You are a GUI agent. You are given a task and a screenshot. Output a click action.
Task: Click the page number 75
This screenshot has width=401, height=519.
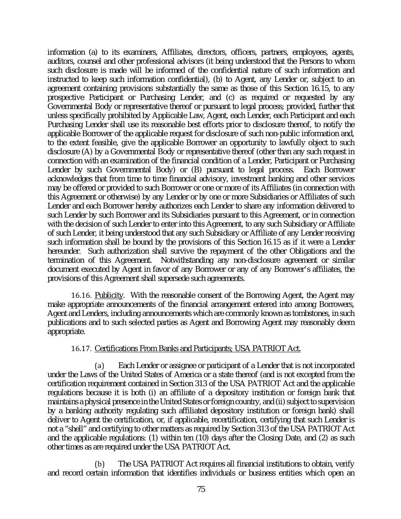[201, 489]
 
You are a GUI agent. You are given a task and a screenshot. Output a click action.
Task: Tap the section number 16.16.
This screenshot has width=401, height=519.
[82, 295]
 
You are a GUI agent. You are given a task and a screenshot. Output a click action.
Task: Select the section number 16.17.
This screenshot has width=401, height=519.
[82, 349]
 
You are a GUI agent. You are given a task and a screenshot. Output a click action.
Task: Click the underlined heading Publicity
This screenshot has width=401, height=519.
[109, 295]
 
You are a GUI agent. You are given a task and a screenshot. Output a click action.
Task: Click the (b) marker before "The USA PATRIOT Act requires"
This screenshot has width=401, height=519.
[99, 464]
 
